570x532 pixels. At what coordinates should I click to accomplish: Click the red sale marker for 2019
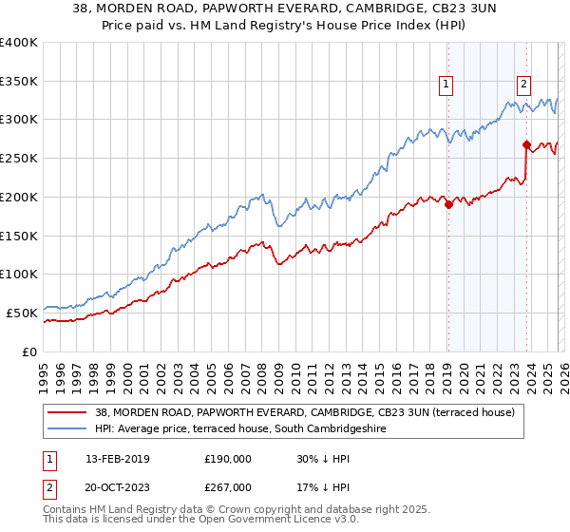(447, 204)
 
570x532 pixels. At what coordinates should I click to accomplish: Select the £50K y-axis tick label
(22, 313)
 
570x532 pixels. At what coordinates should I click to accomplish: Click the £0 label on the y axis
(29, 351)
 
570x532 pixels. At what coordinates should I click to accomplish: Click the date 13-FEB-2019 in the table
(116, 458)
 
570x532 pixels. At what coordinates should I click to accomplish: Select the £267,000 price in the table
(227, 486)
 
